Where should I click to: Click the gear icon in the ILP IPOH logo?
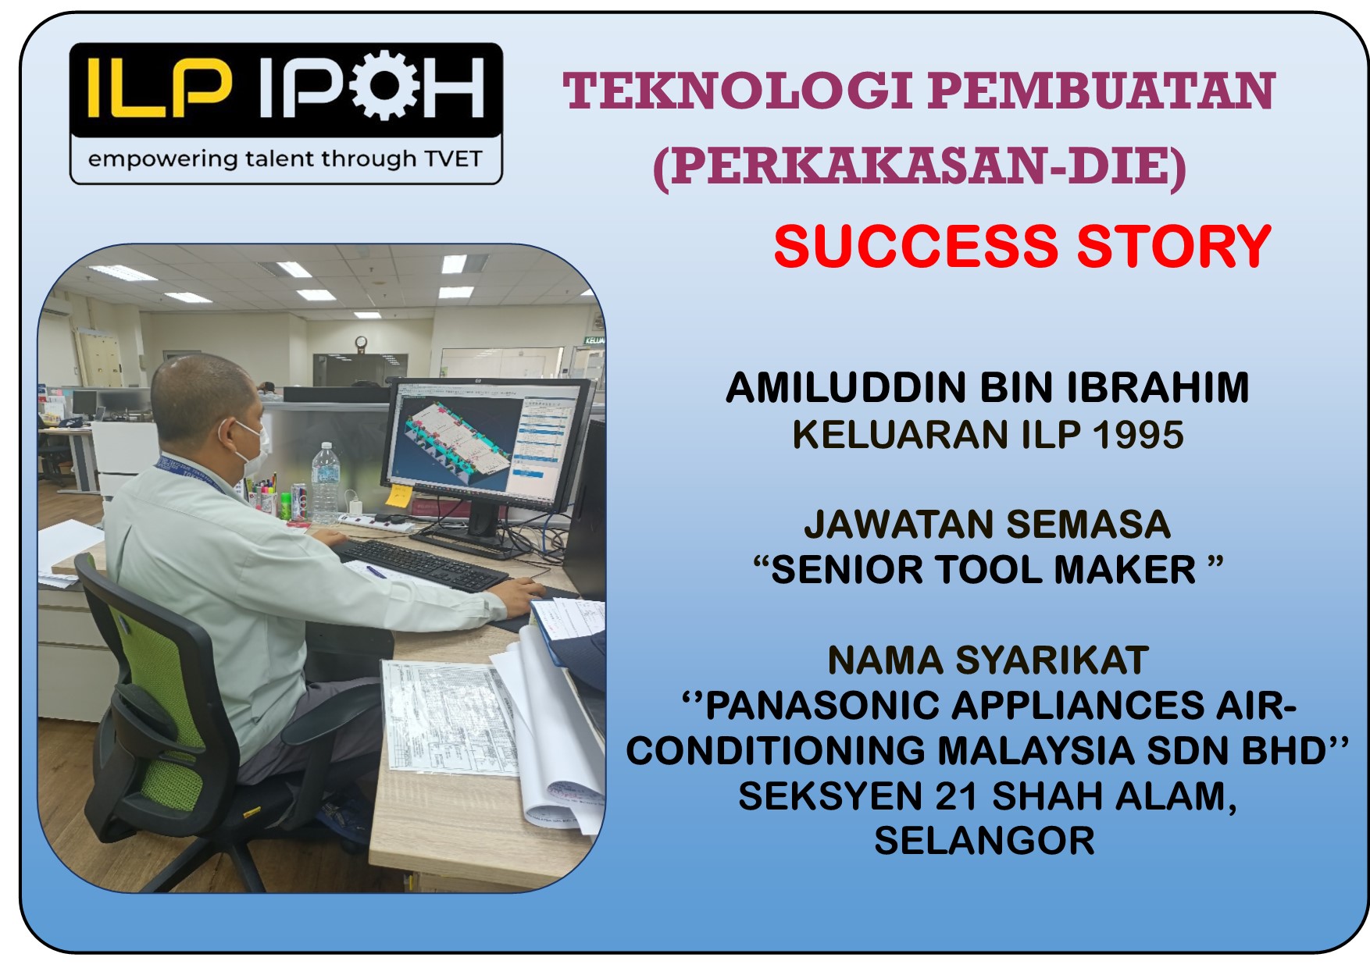tap(385, 85)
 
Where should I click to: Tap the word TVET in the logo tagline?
tap(453, 158)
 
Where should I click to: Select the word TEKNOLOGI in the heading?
tap(737, 91)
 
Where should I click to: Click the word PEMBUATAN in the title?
tap(1102, 91)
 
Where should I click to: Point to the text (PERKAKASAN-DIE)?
tap(919, 166)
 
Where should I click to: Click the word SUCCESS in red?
tap(915, 247)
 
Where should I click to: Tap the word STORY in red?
tap(1174, 247)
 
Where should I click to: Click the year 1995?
tap(1138, 435)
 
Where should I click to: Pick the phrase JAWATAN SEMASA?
tap(987, 524)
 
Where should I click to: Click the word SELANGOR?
tap(984, 842)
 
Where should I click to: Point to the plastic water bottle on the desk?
tap(325, 482)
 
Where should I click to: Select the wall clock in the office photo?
tap(361, 343)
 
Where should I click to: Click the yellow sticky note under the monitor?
tap(399, 495)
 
